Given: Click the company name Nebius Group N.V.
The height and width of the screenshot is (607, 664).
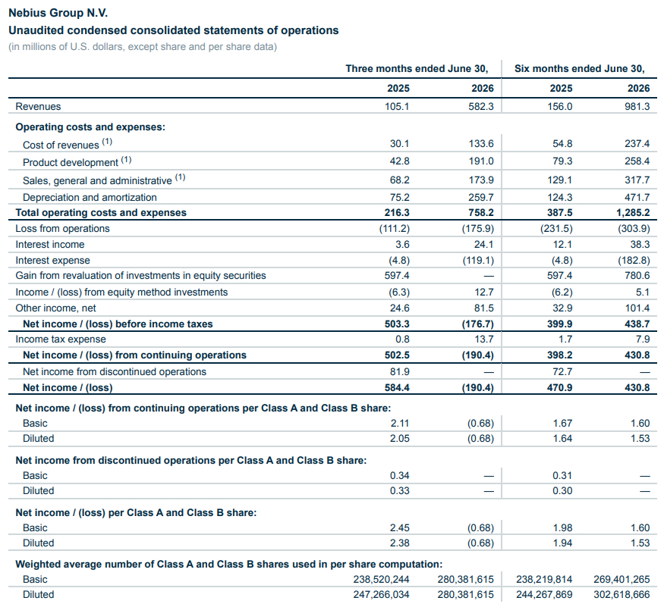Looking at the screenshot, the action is point(58,13).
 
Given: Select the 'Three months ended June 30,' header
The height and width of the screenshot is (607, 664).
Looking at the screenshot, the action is point(417,68).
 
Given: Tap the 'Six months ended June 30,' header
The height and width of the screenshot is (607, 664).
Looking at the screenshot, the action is point(579,68).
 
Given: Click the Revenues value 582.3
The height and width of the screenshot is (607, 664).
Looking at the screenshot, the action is point(480,106).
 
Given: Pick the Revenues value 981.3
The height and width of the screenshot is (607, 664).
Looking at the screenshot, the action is point(637,106).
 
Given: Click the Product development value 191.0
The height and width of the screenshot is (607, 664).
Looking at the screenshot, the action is point(480,161).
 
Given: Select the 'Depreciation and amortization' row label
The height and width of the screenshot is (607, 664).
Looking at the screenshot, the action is point(90,197).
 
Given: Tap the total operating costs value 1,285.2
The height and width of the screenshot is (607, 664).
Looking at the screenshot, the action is point(633,212).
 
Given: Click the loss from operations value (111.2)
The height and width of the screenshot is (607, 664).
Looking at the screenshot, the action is point(395,228).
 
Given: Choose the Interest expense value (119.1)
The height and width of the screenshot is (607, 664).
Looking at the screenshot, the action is point(478,260).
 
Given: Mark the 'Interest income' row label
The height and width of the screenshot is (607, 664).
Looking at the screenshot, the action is point(50,245).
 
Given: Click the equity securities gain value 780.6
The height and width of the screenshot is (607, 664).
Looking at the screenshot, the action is point(637,275).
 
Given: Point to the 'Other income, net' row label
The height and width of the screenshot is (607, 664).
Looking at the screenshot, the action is point(56,308).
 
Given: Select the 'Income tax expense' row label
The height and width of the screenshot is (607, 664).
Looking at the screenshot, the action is point(61,339).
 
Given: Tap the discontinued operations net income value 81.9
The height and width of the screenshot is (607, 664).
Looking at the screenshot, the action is point(399,371).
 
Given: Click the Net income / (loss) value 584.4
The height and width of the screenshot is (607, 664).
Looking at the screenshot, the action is point(397,387).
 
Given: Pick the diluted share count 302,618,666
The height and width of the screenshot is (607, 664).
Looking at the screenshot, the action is point(622,594).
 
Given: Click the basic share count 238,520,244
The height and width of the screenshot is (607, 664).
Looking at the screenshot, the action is point(381,579).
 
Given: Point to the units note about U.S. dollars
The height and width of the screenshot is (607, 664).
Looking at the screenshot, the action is point(143,46).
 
